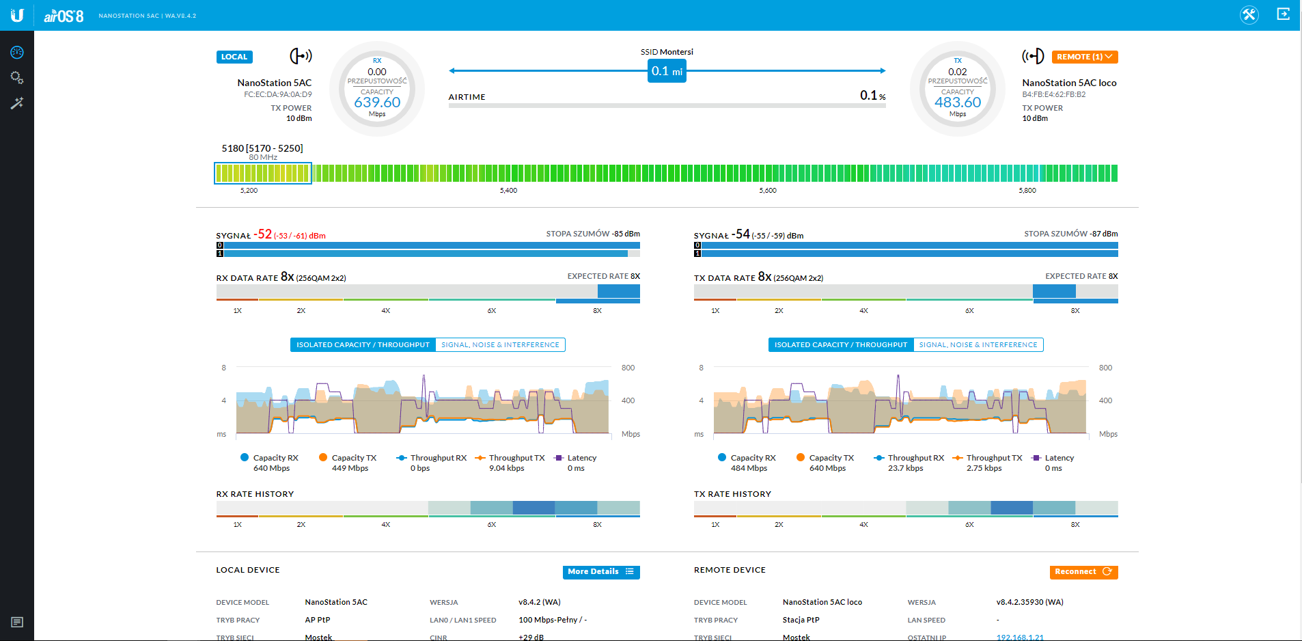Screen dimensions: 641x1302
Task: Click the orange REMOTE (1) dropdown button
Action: pyautogui.click(x=1084, y=57)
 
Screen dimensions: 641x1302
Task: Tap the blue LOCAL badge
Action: pyautogui.click(x=234, y=57)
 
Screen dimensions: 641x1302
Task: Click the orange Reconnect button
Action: pyautogui.click(x=1083, y=571)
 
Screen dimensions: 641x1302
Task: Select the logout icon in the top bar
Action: pyautogui.click(x=1283, y=14)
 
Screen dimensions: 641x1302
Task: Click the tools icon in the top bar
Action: pyautogui.click(x=1249, y=14)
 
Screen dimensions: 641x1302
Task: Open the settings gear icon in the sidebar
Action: pyautogui.click(x=17, y=78)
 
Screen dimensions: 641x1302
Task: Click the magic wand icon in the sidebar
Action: pyautogui.click(x=17, y=103)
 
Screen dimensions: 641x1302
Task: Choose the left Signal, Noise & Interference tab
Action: pyautogui.click(x=500, y=344)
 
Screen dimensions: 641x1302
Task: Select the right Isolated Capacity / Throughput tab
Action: pyautogui.click(x=840, y=344)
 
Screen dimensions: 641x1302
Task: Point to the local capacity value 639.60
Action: pyautogui.click(x=377, y=103)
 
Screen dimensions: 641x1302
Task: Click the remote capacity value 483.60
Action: pyautogui.click(x=958, y=103)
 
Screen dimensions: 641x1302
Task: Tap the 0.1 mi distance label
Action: pyautogui.click(x=666, y=71)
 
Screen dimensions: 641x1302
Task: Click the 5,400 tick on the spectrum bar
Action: pyautogui.click(x=508, y=191)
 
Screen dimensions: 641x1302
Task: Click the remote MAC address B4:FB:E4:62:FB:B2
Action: pyautogui.click(x=1053, y=94)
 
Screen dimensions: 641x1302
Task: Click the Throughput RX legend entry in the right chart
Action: pyautogui.click(x=915, y=458)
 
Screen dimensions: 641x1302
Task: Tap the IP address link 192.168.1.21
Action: pyautogui.click(x=1019, y=637)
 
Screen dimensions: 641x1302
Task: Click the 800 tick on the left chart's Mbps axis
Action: pyautogui.click(x=628, y=368)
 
